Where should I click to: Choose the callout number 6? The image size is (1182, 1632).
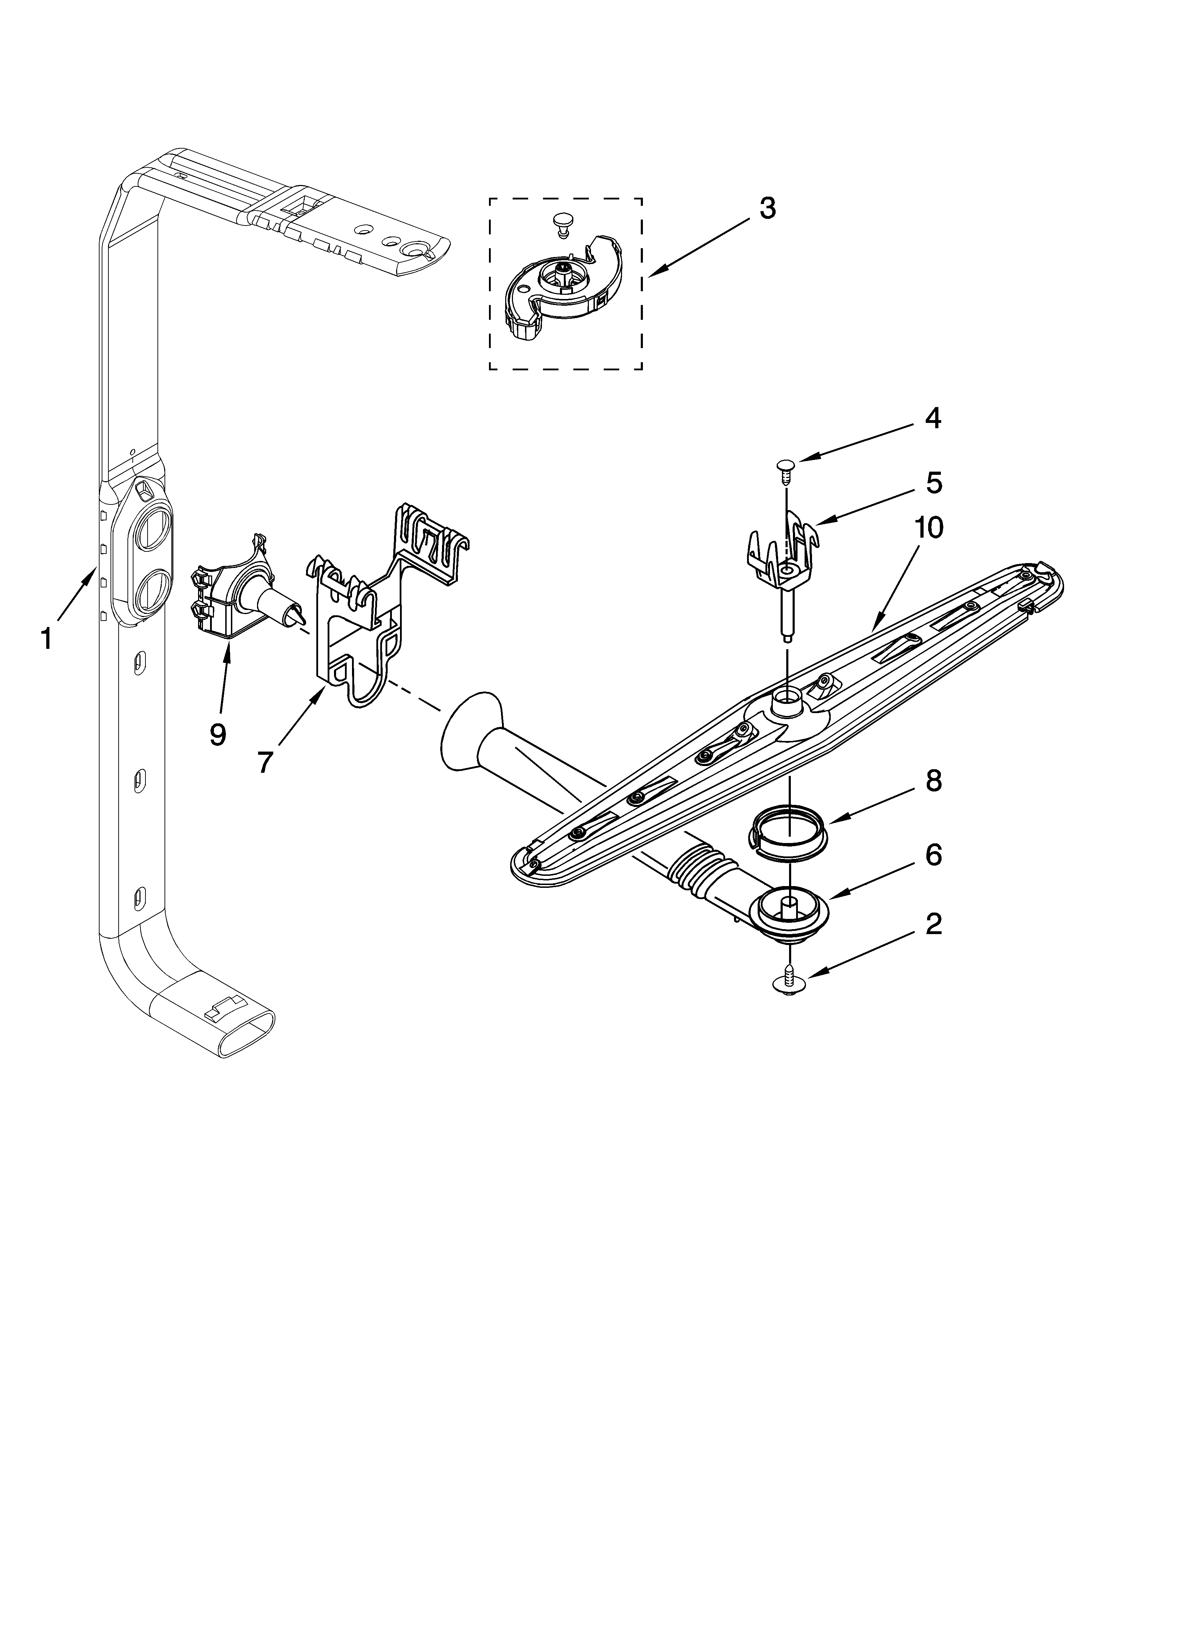[x=933, y=856]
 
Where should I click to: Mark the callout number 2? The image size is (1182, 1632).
[x=933, y=925]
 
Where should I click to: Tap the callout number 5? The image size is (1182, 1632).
[x=933, y=483]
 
